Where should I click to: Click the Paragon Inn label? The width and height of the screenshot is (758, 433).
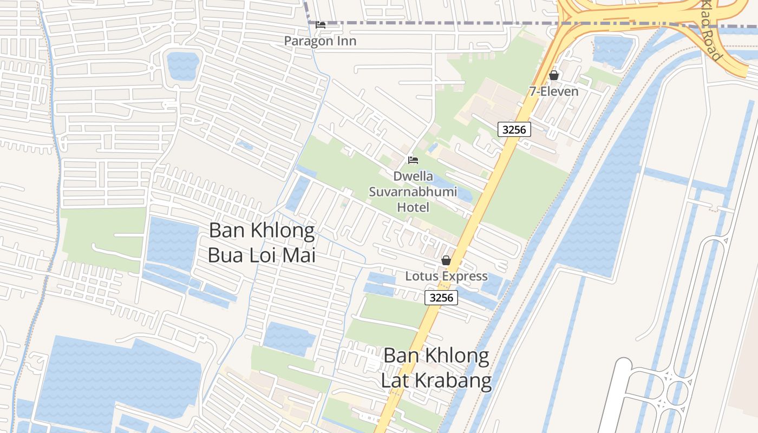click(321, 41)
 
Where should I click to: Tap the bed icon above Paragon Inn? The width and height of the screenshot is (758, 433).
click(321, 25)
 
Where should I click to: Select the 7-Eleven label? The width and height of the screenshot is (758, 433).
click(554, 91)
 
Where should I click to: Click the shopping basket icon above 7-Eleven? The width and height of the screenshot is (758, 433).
click(553, 75)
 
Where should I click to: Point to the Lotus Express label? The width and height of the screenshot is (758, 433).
click(446, 276)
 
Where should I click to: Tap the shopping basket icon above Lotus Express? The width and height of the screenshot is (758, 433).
click(446, 261)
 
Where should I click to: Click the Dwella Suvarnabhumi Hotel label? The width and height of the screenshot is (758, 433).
click(413, 192)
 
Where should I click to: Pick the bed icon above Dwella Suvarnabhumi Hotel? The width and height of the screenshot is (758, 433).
click(413, 160)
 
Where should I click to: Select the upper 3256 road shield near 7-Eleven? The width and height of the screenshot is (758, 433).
click(514, 129)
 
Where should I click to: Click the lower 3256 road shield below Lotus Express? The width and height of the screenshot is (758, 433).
click(441, 297)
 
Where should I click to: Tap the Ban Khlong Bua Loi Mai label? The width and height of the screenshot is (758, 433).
click(262, 242)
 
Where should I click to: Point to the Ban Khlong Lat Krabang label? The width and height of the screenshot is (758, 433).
click(436, 368)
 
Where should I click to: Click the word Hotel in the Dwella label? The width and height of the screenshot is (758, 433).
click(413, 207)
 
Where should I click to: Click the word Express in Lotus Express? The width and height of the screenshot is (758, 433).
click(465, 276)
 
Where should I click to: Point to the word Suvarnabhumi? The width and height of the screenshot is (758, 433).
click(413, 192)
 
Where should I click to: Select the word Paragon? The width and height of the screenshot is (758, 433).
click(309, 41)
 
